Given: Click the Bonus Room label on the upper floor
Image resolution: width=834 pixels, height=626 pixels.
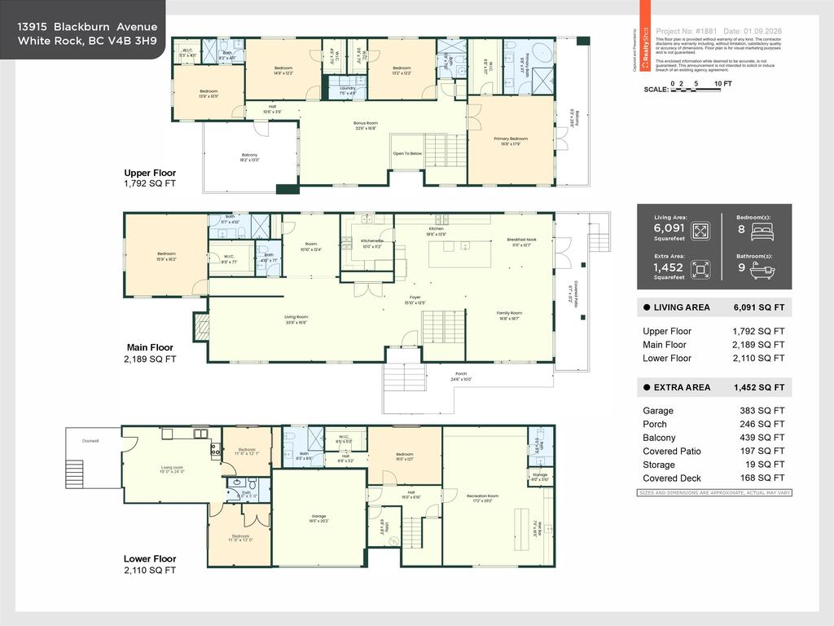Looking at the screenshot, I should click(366, 123).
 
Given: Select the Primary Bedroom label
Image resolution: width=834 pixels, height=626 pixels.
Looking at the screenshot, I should click(511, 139).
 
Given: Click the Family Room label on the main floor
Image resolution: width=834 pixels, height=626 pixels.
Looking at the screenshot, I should click(510, 313).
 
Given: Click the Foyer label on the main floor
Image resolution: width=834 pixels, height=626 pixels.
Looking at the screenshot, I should click(415, 298).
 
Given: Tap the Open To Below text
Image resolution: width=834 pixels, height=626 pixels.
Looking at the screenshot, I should click(407, 153).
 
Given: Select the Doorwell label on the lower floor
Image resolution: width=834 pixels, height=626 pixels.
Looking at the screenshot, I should click(90, 441).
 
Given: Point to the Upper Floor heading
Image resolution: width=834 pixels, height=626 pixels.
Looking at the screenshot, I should click(150, 173).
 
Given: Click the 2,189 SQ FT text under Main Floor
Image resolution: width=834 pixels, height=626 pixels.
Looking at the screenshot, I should click(150, 359).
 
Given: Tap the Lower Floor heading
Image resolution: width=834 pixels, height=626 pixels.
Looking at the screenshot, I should click(150, 558).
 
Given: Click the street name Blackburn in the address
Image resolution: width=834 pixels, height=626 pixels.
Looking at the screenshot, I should click(81, 27).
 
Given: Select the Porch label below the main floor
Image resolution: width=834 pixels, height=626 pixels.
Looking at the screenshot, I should click(461, 377).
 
